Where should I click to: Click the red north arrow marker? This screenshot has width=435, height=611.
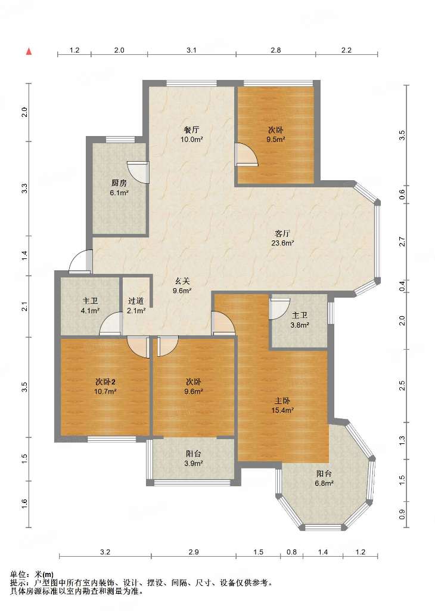29,51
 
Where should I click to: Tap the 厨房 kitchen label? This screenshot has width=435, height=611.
119,187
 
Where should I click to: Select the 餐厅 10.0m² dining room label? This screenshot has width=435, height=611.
192,134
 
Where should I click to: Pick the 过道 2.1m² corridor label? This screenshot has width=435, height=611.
136,306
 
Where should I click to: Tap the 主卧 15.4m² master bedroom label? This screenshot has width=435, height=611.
282,405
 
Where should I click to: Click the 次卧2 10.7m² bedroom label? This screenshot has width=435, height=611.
105,387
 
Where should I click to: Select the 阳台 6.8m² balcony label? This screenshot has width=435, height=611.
324,479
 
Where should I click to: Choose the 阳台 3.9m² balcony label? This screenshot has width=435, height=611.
194,459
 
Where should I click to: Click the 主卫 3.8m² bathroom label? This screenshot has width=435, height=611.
300,320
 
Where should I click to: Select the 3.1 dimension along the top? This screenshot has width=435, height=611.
191,50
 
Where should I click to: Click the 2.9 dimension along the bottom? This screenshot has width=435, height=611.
194,552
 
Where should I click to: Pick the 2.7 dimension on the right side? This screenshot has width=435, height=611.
402,242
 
